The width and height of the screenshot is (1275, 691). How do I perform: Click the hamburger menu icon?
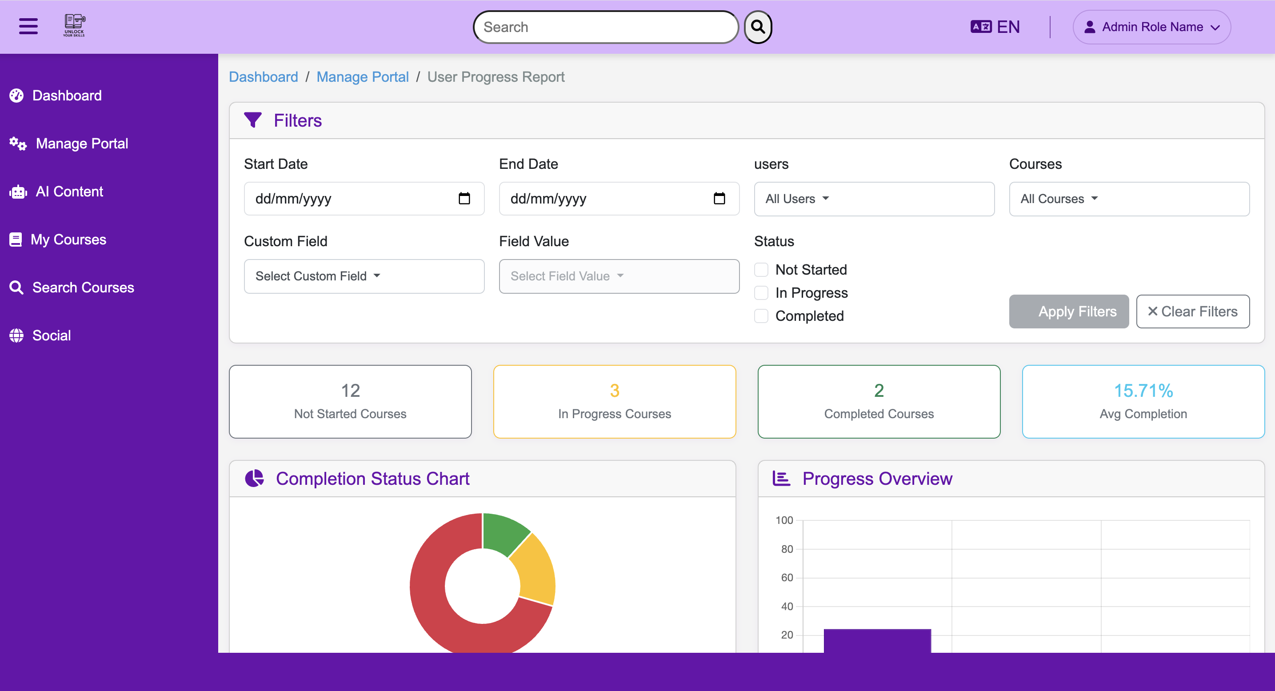(28, 26)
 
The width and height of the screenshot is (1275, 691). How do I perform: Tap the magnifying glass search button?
(758, 27)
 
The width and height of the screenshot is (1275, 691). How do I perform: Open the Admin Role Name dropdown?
(1151, 27)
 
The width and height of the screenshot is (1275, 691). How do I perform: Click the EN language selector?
(995, 27)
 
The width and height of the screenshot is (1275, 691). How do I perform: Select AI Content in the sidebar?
(69, 192)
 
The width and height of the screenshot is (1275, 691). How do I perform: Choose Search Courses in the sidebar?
(83, 288)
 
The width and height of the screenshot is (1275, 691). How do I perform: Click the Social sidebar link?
(51, 336)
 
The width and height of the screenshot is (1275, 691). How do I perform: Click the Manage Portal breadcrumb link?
(362, 77)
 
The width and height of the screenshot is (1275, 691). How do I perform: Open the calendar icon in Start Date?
(464, 199)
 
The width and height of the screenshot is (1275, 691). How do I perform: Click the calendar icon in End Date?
(719, 199)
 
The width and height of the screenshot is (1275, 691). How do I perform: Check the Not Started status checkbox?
(761, 270)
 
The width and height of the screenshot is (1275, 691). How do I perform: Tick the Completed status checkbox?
(761, 316)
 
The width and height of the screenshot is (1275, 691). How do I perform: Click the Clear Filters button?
(1192, 312)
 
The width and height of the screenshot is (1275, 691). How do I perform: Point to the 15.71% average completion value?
(1143, 391)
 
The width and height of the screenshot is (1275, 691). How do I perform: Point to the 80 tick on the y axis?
(787, 549)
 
